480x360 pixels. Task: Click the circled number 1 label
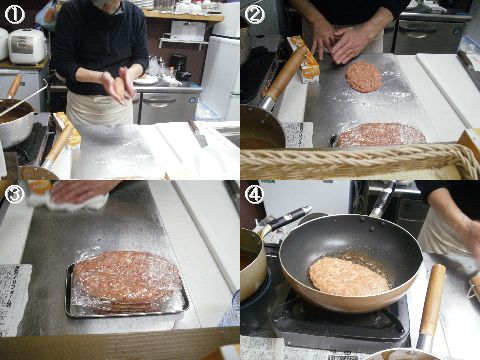(x=14, y=15)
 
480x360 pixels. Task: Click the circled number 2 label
(x=255, y=15)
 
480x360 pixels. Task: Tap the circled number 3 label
(x=14, y=195)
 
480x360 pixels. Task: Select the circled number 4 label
(x=255, y=195)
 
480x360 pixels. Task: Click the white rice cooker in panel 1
(x=26, y=46)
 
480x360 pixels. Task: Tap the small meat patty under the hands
(x=363, y=76)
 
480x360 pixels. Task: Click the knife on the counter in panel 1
(x=197, y=133)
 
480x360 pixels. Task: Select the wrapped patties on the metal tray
(x=127, y=281)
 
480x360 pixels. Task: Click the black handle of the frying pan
(x=383, y=200)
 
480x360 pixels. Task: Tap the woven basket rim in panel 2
(x=360, y=160)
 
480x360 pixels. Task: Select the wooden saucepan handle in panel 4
(x=432, y=300)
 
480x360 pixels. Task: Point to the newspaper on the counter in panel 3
(x=14, y=299)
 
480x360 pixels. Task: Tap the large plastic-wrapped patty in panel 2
(x=381, y=135)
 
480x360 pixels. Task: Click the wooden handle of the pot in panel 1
(x=14, y=87)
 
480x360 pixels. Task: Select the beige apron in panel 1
(x=99, y=107)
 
